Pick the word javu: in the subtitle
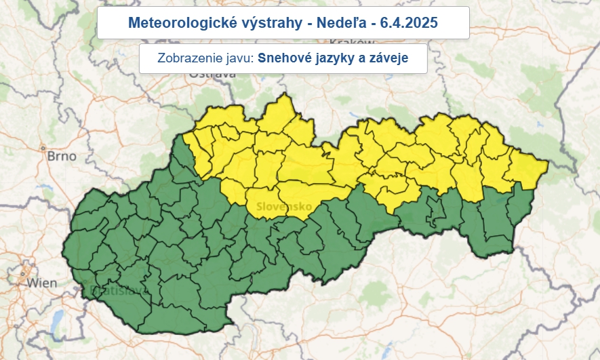coord(239,58)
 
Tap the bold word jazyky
coord(338,58)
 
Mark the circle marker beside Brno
coord(43,148)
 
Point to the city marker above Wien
coord(24,274)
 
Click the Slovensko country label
coord(283,205)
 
